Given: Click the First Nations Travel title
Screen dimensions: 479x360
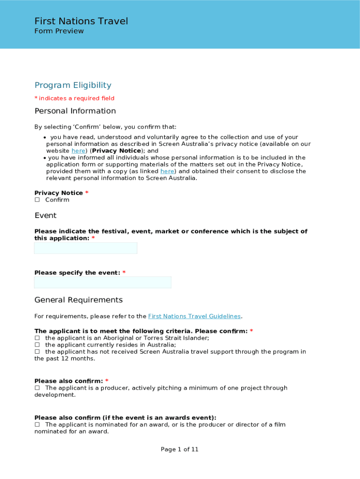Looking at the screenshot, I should (81, 21).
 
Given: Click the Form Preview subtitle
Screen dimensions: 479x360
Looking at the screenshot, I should (59, 31).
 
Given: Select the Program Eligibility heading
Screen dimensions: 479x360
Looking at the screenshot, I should (73, 85).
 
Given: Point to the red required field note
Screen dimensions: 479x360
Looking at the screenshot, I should (74, 98).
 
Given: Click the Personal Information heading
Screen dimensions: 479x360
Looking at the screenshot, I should (75, 111).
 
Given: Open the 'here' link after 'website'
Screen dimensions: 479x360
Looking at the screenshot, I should (78, 151).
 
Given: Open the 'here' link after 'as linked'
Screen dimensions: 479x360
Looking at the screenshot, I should (167, 171).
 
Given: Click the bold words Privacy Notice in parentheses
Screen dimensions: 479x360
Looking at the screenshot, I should (116, 151).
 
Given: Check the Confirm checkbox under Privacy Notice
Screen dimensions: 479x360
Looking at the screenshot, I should (37, 200).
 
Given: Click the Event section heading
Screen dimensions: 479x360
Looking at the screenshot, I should (45, 216).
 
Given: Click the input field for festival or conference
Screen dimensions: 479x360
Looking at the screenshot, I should (86, 248).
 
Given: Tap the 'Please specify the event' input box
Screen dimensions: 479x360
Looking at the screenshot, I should (102, 283).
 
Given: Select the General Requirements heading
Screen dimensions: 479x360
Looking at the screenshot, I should (79, 300).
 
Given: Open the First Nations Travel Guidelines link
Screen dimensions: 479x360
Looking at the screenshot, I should (194, 316).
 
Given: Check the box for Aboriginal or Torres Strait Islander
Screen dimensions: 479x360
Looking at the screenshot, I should (37, 338).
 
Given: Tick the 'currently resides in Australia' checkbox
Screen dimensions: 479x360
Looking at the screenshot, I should (37, 345).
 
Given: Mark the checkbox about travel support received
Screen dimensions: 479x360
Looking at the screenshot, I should (37, 352).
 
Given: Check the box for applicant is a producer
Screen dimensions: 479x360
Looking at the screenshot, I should (37, 388).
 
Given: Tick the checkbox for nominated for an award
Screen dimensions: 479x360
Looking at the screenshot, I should (37, 425).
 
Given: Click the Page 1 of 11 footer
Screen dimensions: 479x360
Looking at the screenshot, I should (180, 450).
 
